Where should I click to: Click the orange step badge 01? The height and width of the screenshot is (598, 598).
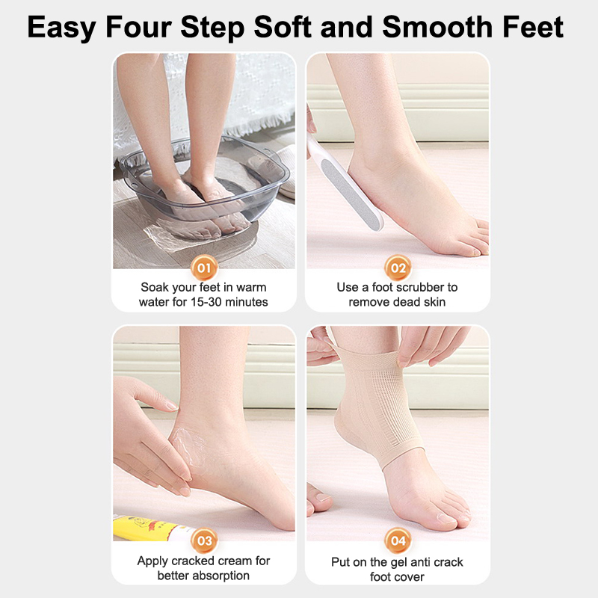(204, 268)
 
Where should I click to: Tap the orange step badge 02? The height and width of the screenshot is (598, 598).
(398, 268)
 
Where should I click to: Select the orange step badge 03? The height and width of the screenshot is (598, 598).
(204, 540)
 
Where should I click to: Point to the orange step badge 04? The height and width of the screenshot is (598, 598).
(398, 540)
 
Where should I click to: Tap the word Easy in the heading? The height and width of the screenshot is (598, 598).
(61, 28)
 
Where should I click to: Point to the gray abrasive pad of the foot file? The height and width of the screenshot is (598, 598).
(351, 194)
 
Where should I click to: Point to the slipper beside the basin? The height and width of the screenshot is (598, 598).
(286, 171)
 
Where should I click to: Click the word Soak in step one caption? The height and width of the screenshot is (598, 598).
(155, 287)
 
